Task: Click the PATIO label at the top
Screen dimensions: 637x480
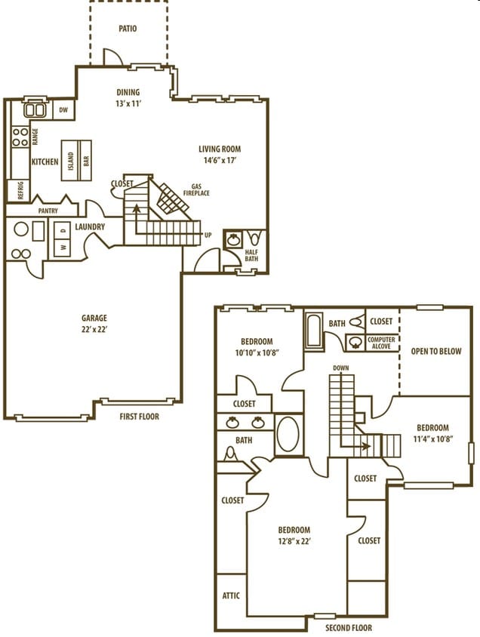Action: pyautogui.click(x=128, y=29)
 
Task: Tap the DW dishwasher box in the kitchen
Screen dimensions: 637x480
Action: pyautogui.click(x=64, y=110)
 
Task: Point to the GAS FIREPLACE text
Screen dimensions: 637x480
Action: pyautogui.click(x=200, y=189)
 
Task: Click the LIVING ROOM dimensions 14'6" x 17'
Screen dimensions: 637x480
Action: pyautogui.click(x=220, y=160)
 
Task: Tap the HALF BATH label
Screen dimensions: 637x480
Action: pyautogui.click(x=251, y=255)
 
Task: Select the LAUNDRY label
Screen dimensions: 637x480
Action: pyautogui.click(x=90, y=226)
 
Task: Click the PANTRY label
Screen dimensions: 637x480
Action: pyautogui.click(x=48, y=211)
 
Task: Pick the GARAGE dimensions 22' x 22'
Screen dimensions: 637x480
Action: pyautogui.click(x=94, y=330)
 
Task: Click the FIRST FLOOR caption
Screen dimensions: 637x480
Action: pyautogui.click(x=139, y=416)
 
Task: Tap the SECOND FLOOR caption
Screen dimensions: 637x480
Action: pyautogui.click(x=348, y=627)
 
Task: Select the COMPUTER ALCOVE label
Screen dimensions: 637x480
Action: pyautogui.click(x=381, y=343)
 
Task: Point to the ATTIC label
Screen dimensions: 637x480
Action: pyautogui.click(x=231, y=595)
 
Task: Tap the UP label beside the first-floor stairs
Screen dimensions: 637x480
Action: pyautogui.click(x=208, y=235)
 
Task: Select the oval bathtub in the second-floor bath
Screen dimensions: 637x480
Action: pyautogui.click(x=288, y=433)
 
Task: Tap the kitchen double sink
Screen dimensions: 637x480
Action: pyautogui.click(x=35, y=110)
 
